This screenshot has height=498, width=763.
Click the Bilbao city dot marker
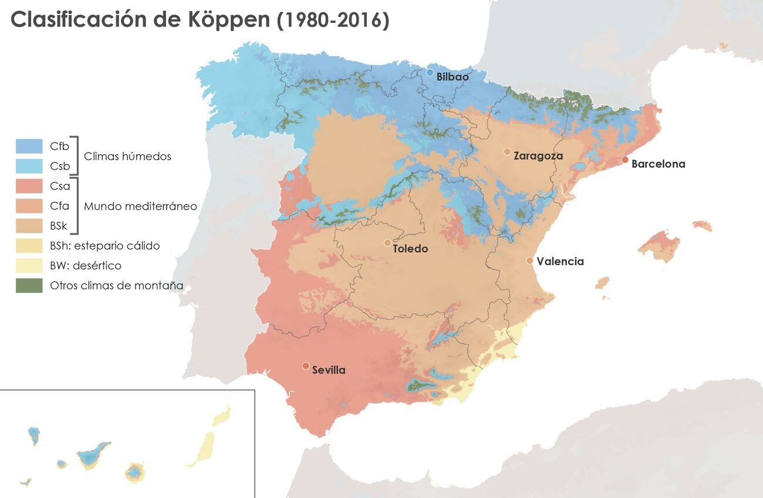(430, 73)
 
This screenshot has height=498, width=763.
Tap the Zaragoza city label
(538, 156)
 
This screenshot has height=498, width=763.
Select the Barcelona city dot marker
(625, 160)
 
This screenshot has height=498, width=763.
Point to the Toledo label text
(410, 249)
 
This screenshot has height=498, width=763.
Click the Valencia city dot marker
(529, 260)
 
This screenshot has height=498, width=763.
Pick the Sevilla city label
(329, 370)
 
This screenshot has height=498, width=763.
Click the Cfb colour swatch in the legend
(29, 146)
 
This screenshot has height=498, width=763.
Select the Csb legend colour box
(29, 166)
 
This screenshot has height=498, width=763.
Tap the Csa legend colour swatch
(29, 186)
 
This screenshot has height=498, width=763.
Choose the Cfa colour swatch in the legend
(29, 206)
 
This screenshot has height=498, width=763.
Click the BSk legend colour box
(29, 226)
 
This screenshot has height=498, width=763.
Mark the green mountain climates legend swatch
(29, 286)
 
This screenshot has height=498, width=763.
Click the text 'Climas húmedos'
(127, 157)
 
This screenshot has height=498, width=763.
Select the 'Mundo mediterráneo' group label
(140, 206)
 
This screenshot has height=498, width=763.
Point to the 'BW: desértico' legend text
(86, 266)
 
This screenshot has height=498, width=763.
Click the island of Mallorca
(659, 245)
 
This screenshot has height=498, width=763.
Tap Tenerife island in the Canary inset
(92, 455)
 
